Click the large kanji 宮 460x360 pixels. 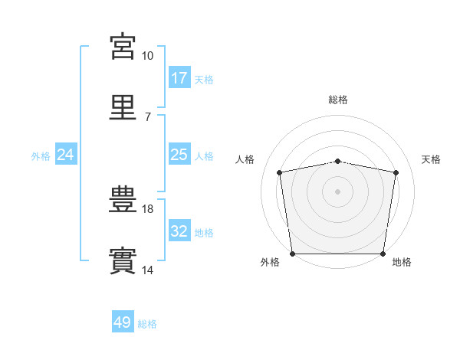pos(123,46)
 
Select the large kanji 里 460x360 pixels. pos(123,107)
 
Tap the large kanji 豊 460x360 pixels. pos(123,199)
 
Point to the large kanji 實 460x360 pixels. pos(123,260)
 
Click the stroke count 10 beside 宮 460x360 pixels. pos(147,56)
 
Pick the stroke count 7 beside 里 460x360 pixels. pos(148,117)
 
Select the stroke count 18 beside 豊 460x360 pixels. pos(147,209)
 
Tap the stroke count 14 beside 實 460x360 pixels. pos(147,270)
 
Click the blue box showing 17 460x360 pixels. pos(179,77)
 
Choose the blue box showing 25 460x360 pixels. pos(179,154)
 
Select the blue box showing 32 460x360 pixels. pos(179,230)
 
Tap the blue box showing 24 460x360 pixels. pos(66,154)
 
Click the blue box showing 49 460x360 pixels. pos(123,321)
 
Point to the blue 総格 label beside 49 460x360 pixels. pos(147,324)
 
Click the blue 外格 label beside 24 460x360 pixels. pos(41,156)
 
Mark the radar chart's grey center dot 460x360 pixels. pos(337,191)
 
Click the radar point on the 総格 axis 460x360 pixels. pos(337,162)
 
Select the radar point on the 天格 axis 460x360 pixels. pos(396,172)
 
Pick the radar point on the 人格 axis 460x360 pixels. pos(279,172)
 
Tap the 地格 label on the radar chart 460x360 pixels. pos(402,262)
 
